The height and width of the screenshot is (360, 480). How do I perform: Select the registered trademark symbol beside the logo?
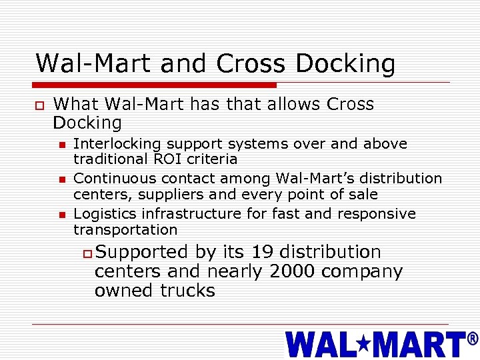(473, 339)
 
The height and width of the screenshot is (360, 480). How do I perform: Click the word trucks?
(188, 291)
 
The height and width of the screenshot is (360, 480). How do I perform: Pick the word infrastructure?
(180, 214)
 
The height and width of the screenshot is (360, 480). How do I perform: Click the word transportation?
(125, 230)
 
